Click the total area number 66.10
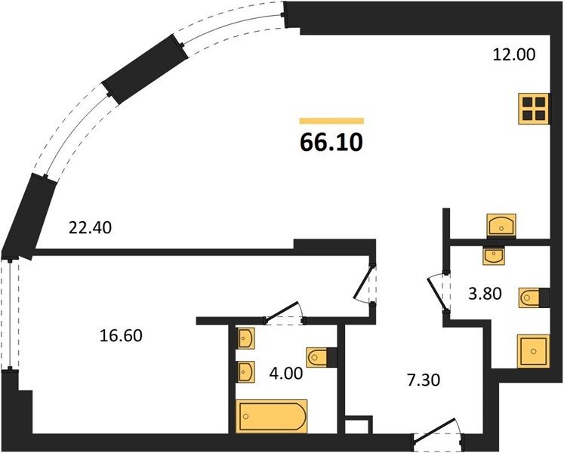pyautogui.click(x=331, y=142)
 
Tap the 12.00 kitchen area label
pyautogui.click(x=513, y=54)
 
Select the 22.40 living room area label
pyautogui.click(x=90, y=228)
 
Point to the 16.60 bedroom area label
pyautogui.click(x=121, y=335)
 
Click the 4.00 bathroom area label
pyautogui.click(x=286, y=374)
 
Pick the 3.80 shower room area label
pyautogui.click(x=485, y=294)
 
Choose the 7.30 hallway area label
pyautogui.click(x=424, y=381)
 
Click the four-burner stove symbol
pyautogui.click(x=534, y=109)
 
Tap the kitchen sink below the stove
pyautogui.click(x=501, y=225)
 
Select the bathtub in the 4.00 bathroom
pyautogui.click(x=272, y=416)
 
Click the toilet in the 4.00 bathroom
pyautogui.click(x=317, y=358)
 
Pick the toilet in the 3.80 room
pyautogui.click(x=529, y=297)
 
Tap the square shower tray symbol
pyautogui.click(x=534, y=351)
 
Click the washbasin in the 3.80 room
pyautogui.click(x=494, y=256)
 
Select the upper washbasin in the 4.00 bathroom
pyautogui.click(x=246, y=338)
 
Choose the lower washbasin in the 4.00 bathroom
pyautogui.click(x=246, y=372)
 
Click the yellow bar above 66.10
pyautogui.click(x=331, y=121)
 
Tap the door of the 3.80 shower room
pyautogui.click(x=436, y=293)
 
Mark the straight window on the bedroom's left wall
pyautogui.click(x=10, y=313)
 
